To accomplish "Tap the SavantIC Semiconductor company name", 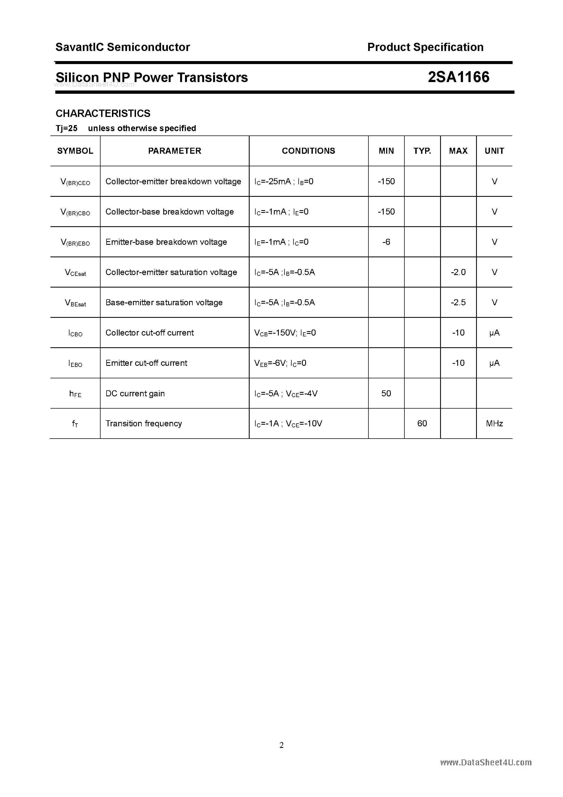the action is tap(123, 47).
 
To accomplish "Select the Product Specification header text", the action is tap(425, 47).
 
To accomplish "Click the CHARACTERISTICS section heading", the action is tap(103, 113).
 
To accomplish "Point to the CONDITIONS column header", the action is tap(308, 151).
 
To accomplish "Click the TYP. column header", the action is tap(422, 151).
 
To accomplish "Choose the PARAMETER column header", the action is tap(175, 151).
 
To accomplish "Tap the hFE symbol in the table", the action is tap(75, 394).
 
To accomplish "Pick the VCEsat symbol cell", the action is tap(75, 273).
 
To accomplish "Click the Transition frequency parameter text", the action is tap(144, 424).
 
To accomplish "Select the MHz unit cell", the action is tap(494, 424).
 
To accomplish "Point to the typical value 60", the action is tap(422, 424).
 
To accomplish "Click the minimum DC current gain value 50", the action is tap(386, 393).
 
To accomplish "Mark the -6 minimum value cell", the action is tap(386, 242).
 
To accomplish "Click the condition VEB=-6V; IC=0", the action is tap(280, 363).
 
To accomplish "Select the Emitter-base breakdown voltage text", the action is tap(166, 242).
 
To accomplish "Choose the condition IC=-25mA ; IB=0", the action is tap(284, 182).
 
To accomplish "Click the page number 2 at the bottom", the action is tap(282, 745).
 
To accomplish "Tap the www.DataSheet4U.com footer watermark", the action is tap(486, 762).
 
